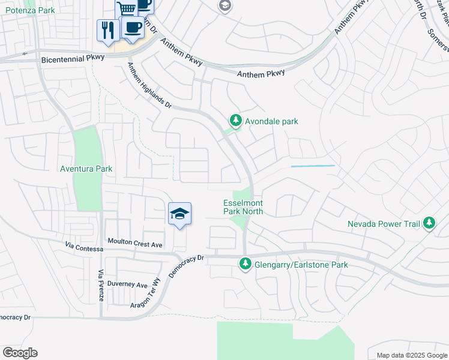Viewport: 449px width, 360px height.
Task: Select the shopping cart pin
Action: pos(127,10)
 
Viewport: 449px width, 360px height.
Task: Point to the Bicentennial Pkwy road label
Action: pos(73,59)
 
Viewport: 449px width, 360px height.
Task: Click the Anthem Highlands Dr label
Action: pos(149,86)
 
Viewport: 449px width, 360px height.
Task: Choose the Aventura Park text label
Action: pos(86,169)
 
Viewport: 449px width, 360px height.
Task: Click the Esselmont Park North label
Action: pos(243,207)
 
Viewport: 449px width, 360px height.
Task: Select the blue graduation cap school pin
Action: pos(179,214)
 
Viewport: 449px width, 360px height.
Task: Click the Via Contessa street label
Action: pos(83,246)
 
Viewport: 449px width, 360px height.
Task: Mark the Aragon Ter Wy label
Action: pos(146,293)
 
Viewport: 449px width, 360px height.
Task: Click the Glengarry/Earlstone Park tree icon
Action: pos(245,263)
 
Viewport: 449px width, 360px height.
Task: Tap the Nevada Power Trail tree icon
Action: pos(429,223)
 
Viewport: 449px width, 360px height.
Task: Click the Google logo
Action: pos(20,353)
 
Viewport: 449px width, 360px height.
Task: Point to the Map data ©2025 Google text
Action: pos(411,355)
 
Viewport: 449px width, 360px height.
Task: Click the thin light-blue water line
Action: pos(313,166)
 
